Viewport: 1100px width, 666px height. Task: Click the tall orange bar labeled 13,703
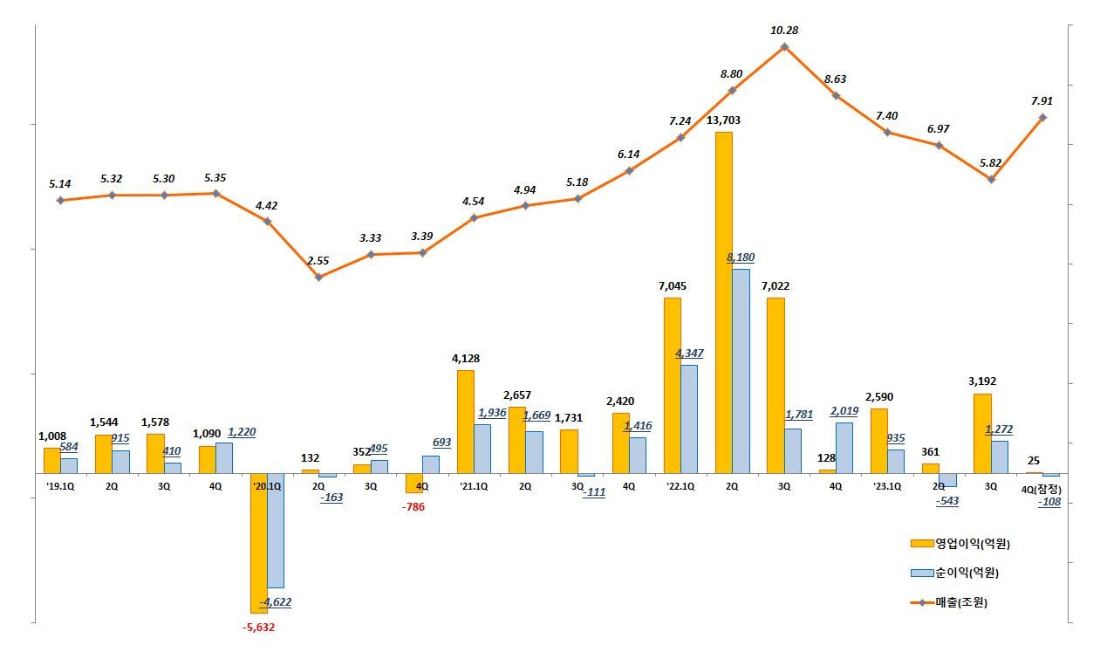(723, 302)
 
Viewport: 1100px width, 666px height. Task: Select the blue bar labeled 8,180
(741, 371)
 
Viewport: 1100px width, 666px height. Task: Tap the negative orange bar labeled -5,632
(258, 543)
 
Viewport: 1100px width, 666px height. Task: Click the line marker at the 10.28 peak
(784, 46)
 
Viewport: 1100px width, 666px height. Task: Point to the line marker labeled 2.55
(318, 278)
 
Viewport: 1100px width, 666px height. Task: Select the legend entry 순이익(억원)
(954, 573)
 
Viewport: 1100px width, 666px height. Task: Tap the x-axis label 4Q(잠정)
(1042, 488)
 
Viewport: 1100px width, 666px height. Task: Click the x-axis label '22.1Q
(680, 486)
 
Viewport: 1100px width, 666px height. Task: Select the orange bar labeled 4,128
(466, 422)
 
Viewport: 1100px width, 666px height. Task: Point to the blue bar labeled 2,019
(844, 448)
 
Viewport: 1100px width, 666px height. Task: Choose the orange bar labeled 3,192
(982, 433)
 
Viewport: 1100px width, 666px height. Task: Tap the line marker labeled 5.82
(991, 179)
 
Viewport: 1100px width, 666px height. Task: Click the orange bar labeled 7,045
(672, 385)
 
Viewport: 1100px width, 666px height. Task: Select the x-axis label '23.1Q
(887, 486)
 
